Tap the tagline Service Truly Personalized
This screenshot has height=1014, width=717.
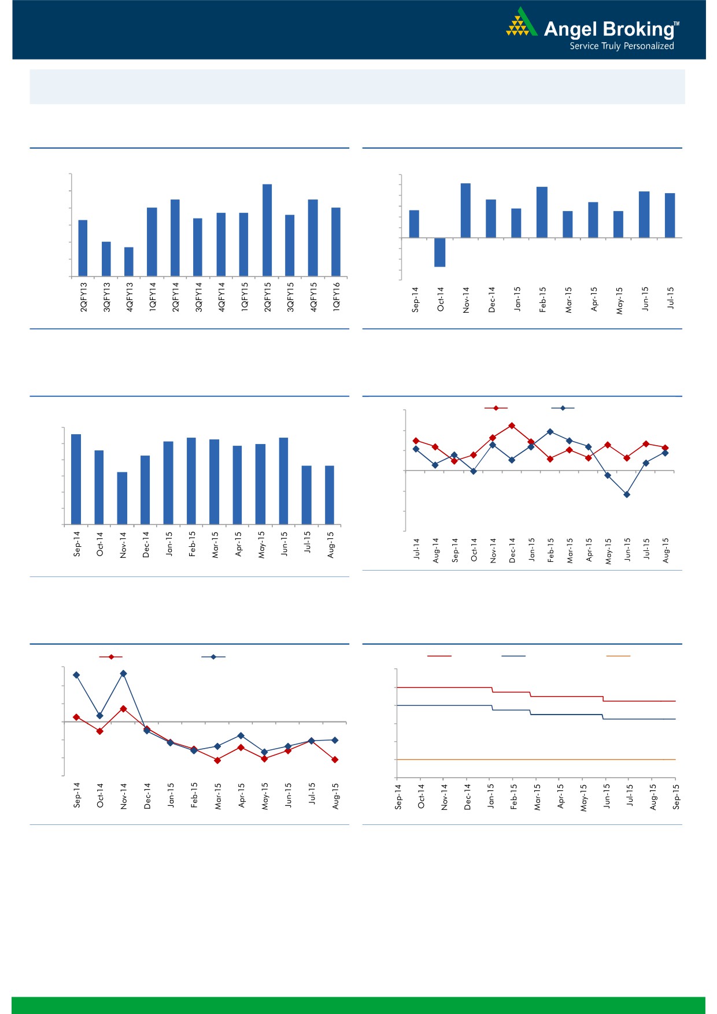[x=622, y=46]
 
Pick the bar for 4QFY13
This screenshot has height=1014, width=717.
[x=129, y=261]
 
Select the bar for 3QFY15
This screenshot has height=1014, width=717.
[x=290, y=245]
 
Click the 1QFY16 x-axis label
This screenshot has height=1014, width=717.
[x=337, y=297]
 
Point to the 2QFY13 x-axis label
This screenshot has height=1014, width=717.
[x=84, y=297]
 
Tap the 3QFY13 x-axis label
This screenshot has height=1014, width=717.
[x=107, y=297]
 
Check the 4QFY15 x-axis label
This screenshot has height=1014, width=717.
[x=313, y=297]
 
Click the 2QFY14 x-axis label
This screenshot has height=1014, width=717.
[x=175, y=297]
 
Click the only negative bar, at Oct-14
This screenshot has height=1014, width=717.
[x=439, y=252]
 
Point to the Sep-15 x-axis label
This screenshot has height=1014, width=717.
[x=676, y=797]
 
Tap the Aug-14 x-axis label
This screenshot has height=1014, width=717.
[x=435, y=550]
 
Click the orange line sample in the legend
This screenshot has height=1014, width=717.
[x=618, y=656]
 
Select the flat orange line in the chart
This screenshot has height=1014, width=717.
[x=535, y=760]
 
